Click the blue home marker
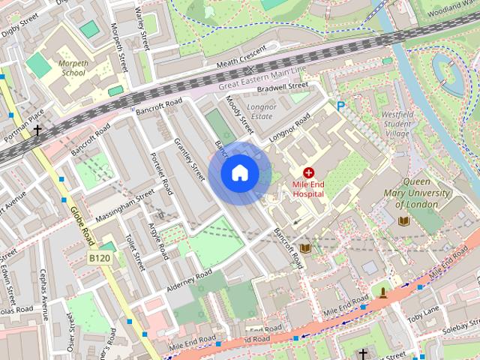pyautogui.click(x=239, y=173)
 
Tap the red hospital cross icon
pyautogui.click(x=308, y=172)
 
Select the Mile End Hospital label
pyautogui.click(x=308, y=188)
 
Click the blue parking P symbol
pyautogui.click(x=341, y=106)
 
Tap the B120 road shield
pyautogui.click(x=99, y=258)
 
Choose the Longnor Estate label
pyautogui.click(x=262, y=112)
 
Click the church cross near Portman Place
pyautogui.click(x=37, y=130)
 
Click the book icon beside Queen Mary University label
pyautogui.click(x=403, y=221)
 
